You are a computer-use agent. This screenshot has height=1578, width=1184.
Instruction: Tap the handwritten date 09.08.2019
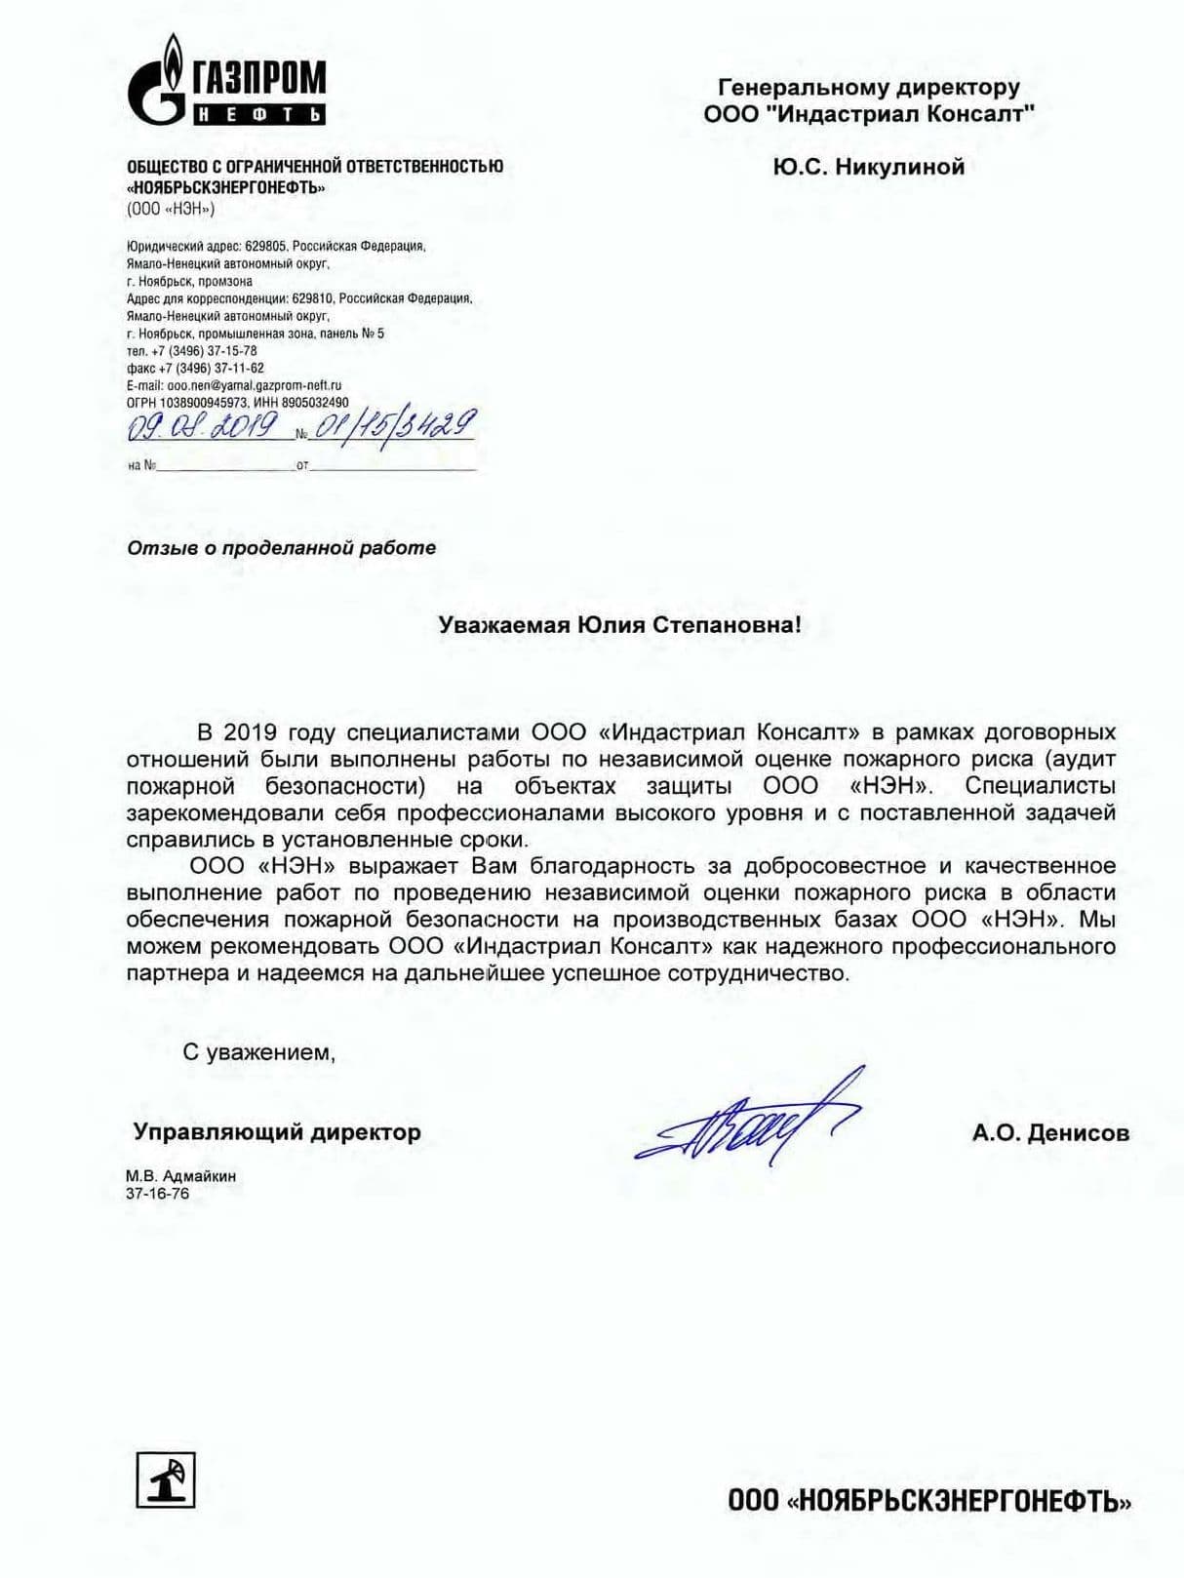coord(202,427)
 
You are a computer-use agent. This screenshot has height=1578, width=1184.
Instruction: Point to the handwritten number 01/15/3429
coord(393,426)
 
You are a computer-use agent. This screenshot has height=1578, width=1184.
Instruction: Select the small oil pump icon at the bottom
coord(165,1479)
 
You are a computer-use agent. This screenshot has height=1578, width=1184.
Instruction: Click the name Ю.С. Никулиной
coord(868,167)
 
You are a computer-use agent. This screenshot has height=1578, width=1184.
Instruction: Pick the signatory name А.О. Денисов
coord(1049,1133)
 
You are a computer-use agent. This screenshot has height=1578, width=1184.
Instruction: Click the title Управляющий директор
coord(277,1132)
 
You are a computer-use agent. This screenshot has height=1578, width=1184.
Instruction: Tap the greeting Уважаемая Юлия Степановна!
coord(619,625)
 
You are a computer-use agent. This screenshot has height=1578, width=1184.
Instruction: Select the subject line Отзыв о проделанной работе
coord(281,548)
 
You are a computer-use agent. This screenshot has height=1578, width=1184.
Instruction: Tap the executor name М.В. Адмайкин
coord(180,1176)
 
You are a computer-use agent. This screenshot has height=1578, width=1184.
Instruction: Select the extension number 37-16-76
coord(157,1194)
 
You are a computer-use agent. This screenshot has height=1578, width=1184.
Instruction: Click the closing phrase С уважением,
coord(258,1053)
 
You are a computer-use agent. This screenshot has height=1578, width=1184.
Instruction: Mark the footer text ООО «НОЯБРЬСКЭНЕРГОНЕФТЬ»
coord(928,1501)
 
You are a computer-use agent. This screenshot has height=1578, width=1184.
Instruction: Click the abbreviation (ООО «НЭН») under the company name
coord(170,209)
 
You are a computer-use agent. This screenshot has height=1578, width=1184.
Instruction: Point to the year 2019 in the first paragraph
coord(250,732)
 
